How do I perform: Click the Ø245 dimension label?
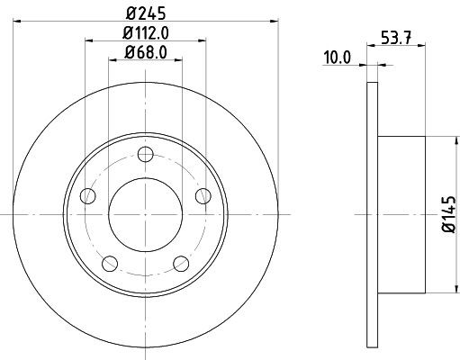click(144, 12)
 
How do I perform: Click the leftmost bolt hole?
click(86, 195)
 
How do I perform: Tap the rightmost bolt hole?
click(202, 195)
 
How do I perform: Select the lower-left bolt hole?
click(109, 263)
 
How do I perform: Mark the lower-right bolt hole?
click(180, 263)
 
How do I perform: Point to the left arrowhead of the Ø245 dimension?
click(20, 19)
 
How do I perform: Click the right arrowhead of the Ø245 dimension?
click(269, 19)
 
